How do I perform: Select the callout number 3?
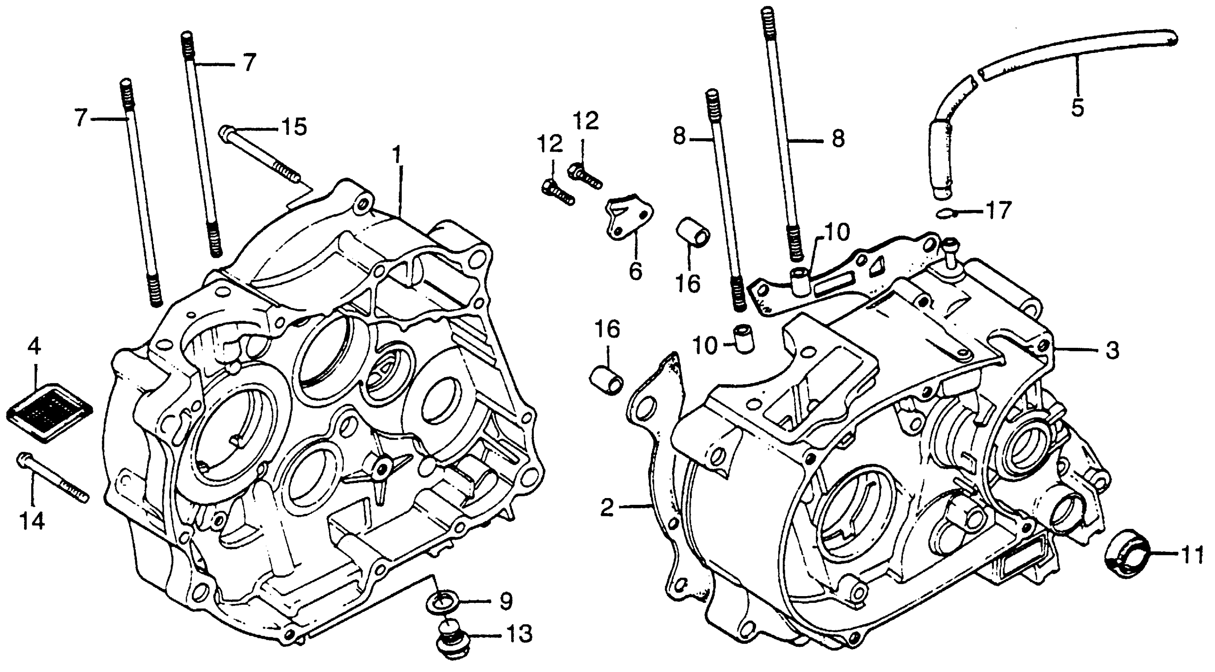click(x=1112, y=351)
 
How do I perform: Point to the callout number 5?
click(x=1077, y=108)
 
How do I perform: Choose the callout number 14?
click(x=32, y=522)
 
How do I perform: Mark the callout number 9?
click(x=506, y=601)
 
